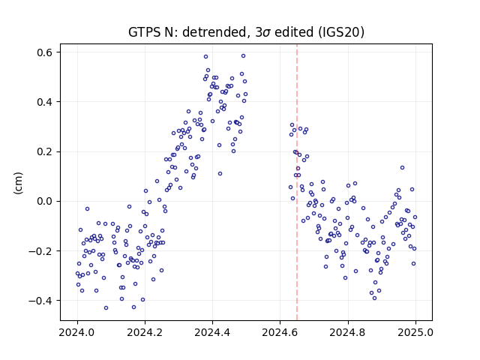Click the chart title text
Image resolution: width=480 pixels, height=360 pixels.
tap(246, 32)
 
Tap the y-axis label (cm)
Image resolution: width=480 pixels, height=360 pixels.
tap(18, 183)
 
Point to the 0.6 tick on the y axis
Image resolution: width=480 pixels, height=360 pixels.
tap(45, 52)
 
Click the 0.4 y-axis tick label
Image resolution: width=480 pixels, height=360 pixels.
tap(45, 102)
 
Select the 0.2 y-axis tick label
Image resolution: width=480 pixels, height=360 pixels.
tap(45, 151)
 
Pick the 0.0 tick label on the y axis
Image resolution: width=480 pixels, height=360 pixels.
tap(45, 202)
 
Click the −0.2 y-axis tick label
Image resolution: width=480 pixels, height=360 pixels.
tap(40, 251)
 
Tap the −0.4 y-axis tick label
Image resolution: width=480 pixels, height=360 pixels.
tap(40, 301)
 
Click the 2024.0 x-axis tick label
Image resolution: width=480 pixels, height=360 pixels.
tap(77, 332)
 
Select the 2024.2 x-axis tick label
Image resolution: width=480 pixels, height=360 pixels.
tap(145, 332)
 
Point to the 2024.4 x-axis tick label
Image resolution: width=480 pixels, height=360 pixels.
tap(212, 332)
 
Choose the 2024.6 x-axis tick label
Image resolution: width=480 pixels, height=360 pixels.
tap(280, 332)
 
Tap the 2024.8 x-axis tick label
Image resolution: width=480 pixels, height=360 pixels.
tap(348, 332)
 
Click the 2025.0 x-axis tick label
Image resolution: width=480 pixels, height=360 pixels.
tap(415, 332)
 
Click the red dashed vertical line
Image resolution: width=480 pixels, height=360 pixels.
tap(297, 182)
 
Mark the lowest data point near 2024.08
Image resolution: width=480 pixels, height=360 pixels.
tap(106, 307)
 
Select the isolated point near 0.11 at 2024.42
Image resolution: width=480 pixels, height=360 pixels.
tap(220, 173)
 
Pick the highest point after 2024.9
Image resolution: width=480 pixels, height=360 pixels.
tap(402, 167)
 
